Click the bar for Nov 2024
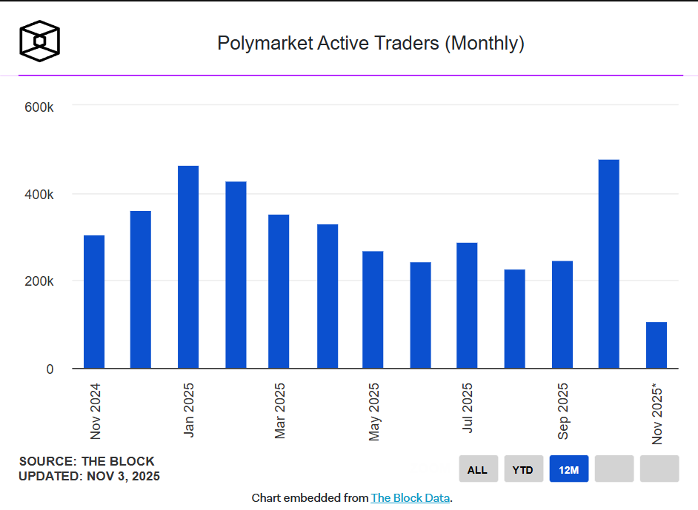(94, 302)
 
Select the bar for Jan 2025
(188, 267)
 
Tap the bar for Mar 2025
(279, 292)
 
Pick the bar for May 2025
(373, 310)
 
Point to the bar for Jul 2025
(467, 306)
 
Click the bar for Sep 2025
(562, 315)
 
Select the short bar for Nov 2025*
(657, 346)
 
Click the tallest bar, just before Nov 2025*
(608, 264)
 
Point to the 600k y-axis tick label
(39, 107)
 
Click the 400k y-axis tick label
(39, 195)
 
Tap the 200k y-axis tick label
(39, 281)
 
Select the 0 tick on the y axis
(50, 369)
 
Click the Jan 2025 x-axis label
(188, 409)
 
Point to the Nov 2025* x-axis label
(657, 414)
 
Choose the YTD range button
(523, 469)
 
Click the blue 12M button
(569, 469)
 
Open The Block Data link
(410, 498)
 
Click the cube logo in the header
(39, 40)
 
